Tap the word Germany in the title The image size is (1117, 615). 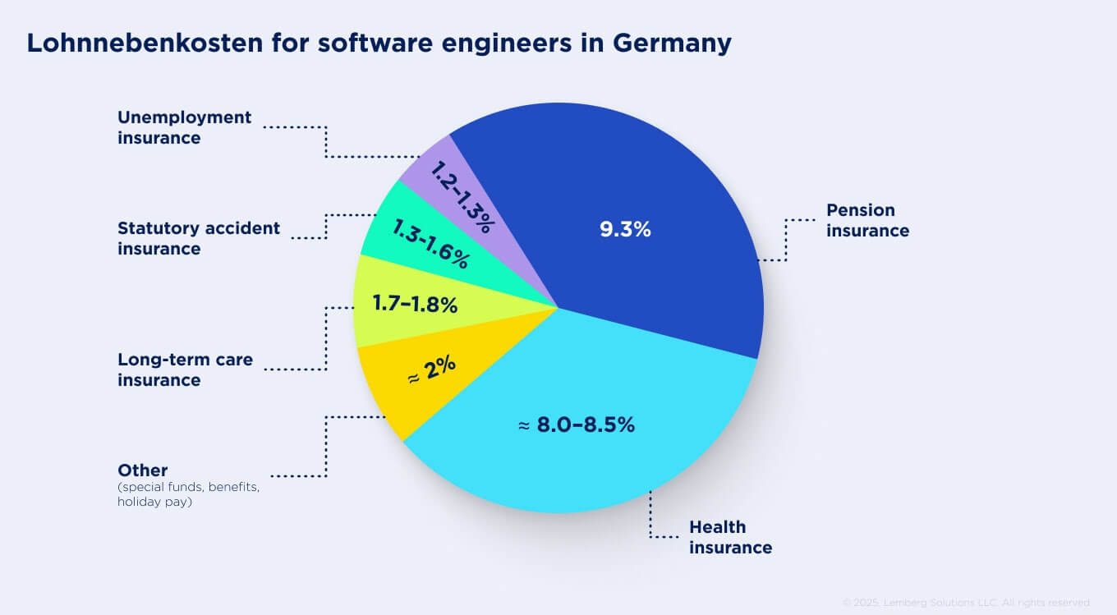pos(672,43)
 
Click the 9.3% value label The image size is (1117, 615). pos(625,230)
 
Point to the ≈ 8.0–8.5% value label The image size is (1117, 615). pos(577,425)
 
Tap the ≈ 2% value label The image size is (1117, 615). pos(432,374)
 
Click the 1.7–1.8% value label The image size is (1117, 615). pos(415,305)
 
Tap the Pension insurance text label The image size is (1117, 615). pos(867,220)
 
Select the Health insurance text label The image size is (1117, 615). pos(730,537)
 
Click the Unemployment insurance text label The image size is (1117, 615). pos(184,127)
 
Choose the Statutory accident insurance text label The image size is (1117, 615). pos(198,238)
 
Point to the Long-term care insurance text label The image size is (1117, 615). pos(185,369)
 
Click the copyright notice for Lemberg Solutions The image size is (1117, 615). pos(966,603)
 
